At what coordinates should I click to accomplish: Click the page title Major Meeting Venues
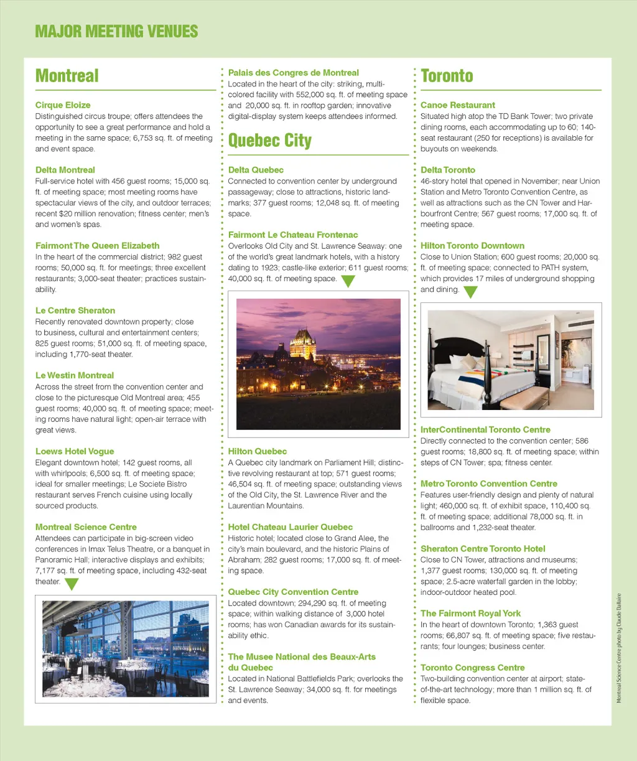116,31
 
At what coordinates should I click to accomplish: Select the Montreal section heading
67,76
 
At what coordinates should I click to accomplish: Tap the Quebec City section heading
270,140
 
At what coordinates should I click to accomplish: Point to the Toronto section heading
447,76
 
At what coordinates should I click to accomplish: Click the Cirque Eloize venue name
63,105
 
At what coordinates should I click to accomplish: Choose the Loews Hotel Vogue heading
75,451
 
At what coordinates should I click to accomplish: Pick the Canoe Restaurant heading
458,105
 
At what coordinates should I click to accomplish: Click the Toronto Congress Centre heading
473,668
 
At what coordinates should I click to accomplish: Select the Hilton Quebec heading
258,451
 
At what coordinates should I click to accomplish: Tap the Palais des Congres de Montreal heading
294,73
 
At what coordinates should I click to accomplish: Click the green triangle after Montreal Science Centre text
72,584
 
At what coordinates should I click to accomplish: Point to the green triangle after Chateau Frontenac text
348,281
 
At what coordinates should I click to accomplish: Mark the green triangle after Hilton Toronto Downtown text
470,291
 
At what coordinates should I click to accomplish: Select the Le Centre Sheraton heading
75,310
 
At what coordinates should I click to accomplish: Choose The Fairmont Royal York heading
470,614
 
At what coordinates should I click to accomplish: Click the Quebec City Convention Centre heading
293,592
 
